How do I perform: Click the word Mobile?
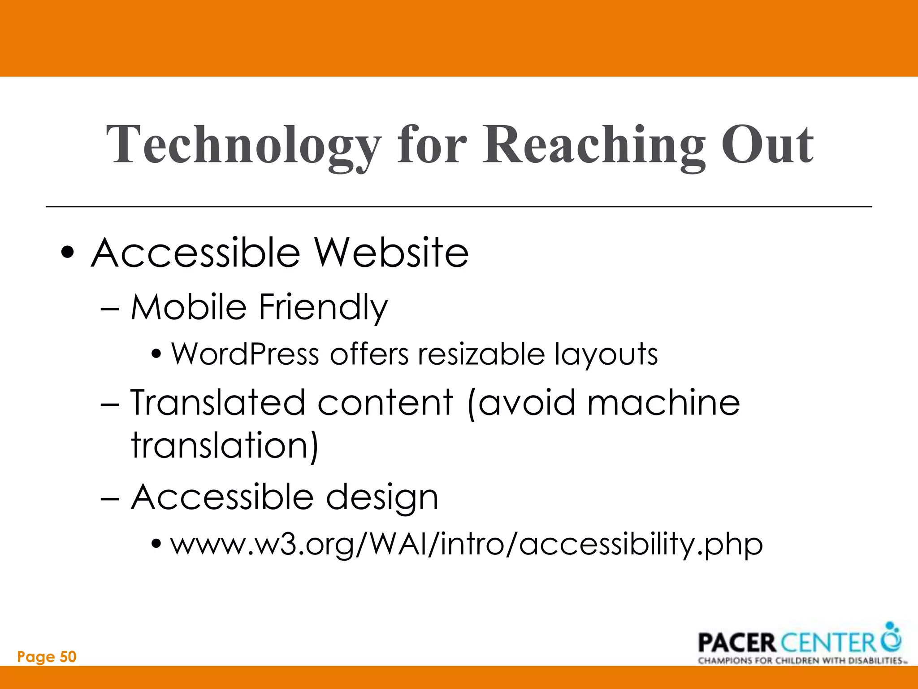tap(189, 307)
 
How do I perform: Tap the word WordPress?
tap(245, 354)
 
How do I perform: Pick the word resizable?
tap(481, 354)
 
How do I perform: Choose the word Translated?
tap(219, 402)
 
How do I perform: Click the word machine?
tap(663, 402)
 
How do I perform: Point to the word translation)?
tap(225, 445)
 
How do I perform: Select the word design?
tap(382, 498)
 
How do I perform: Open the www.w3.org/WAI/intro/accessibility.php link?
tap(466, 545)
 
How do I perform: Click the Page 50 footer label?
tap(47, 657)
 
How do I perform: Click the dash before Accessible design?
tap(110, 498)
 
